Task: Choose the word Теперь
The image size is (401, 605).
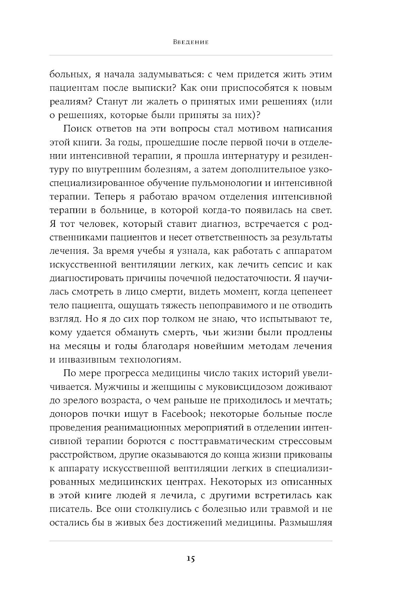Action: point(92,197)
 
